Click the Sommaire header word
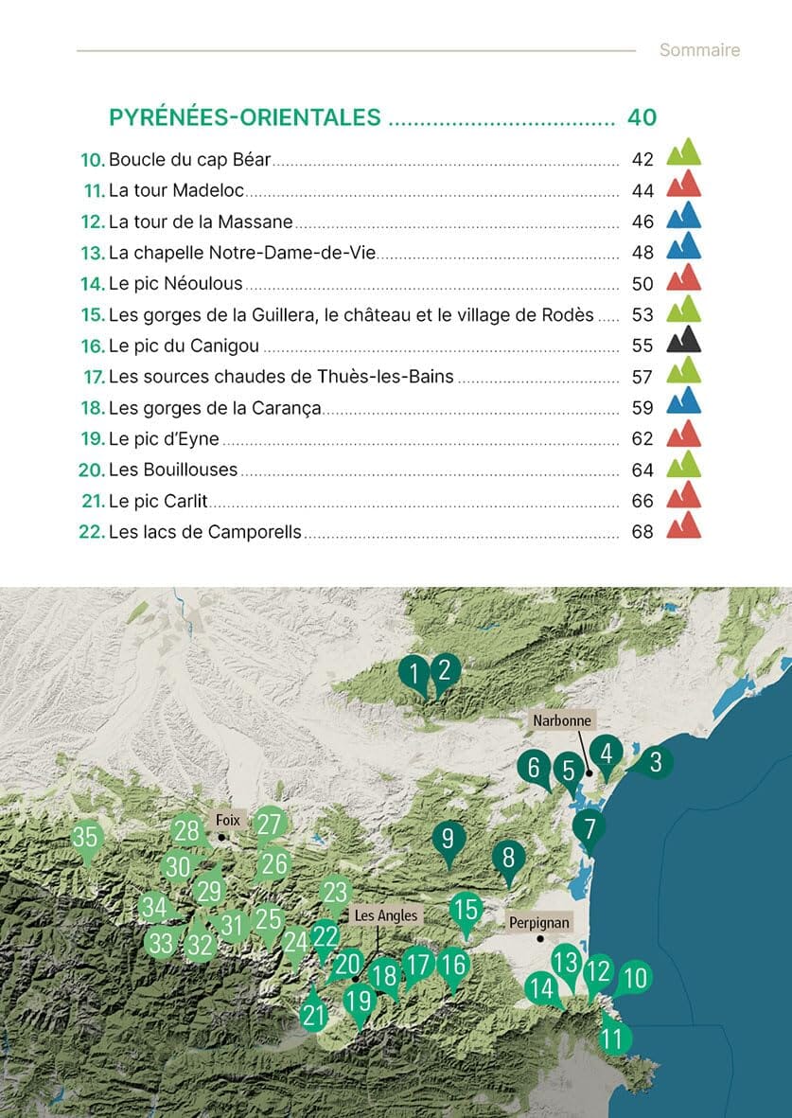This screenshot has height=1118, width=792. point(699,50)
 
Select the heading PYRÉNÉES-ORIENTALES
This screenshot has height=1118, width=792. point(245,117)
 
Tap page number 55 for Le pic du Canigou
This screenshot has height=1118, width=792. point(642,346)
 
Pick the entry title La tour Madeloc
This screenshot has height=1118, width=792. point(177,190)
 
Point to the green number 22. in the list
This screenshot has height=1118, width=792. point(91,532)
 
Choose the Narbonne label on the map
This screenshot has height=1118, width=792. point(561,720)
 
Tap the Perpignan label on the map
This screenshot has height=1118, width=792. point(538,921)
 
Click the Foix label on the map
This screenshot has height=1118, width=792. point(228,821)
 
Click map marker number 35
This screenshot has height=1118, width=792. point(86,838)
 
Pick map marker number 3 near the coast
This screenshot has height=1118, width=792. point(654,761)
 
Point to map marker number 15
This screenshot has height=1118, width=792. point(466,911)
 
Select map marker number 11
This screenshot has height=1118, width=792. point(613,1038)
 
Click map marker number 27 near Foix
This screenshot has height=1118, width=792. point(270,825)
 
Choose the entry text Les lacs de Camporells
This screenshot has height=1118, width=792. point(205,532)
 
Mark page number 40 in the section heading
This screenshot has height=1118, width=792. point(642,117)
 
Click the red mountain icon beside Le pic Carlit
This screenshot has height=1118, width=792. point(683,495)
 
